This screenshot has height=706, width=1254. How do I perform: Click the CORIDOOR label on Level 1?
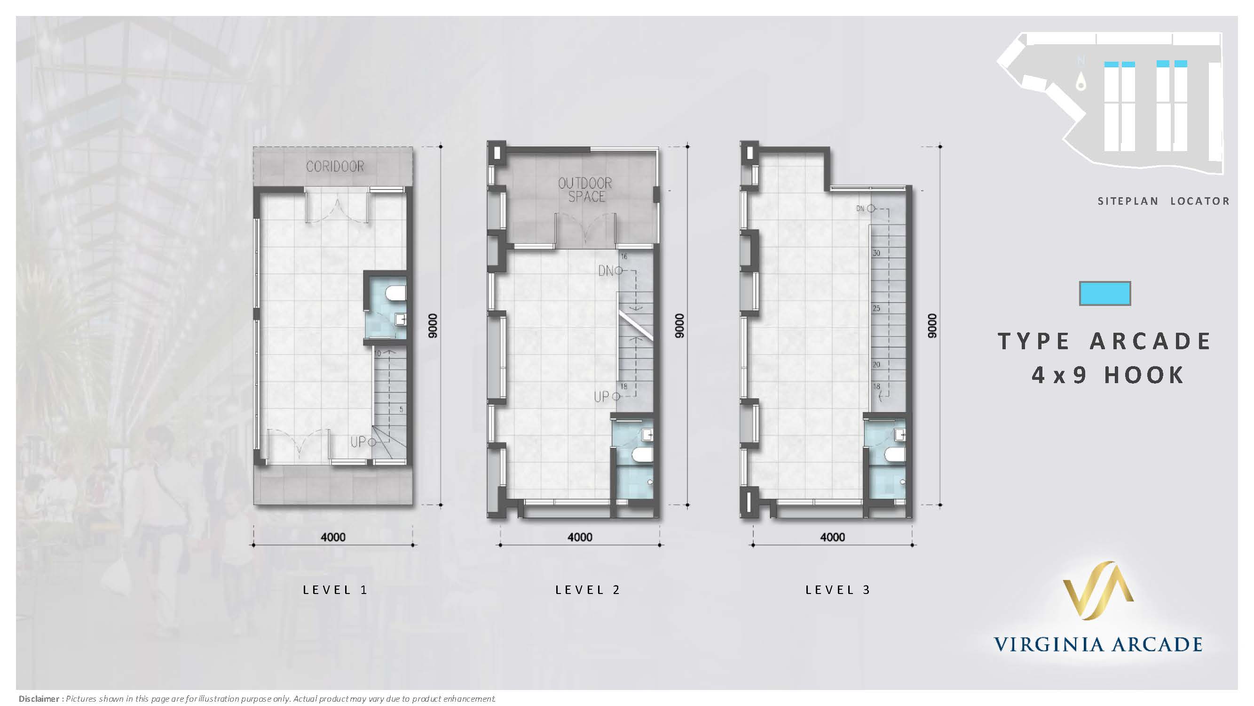tap(335, 167)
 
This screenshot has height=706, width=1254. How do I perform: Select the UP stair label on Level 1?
tap(358, 442)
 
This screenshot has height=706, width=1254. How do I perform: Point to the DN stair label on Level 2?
tap(606, 271)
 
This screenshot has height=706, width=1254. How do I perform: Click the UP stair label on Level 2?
tap(601, 397)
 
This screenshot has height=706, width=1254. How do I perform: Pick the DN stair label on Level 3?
tap(860, 209)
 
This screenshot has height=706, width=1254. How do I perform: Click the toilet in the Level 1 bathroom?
tap(396, 294)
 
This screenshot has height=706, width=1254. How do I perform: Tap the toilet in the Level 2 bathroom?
tap(642, 456)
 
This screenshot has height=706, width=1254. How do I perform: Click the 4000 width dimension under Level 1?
tap(333, 537)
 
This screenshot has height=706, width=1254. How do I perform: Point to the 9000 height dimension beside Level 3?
tap(932, 326)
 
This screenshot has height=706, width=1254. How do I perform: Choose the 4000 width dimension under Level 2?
tap(580, 537)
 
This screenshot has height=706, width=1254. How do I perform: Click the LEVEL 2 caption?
tap(588, 590)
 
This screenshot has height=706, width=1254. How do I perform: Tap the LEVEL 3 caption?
tap(838, 590)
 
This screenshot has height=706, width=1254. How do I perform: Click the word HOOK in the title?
tap(1144, 375)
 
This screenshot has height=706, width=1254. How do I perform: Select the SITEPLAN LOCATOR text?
tap(1163, 201)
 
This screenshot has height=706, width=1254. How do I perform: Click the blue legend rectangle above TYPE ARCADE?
tap(1105, 293)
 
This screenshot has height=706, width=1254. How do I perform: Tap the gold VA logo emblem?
tap(1098, 590)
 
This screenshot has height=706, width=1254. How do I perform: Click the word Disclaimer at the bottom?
tap(39, 698)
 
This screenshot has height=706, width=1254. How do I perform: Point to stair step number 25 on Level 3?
tap(876, 308)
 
